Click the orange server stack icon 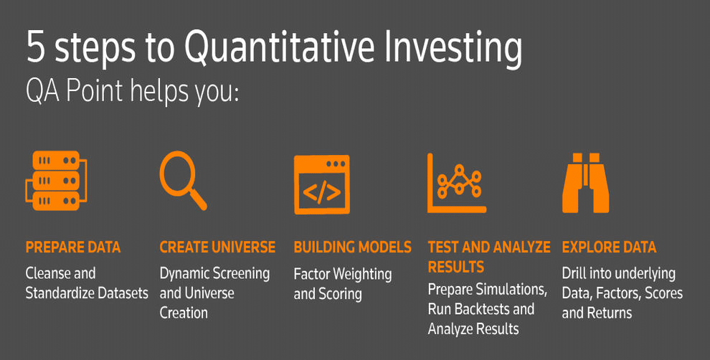[56, 181]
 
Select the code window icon [321, 184]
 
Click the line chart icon [456, 183]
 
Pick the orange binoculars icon [585, 183]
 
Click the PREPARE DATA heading [73, 247]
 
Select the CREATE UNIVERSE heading [217, 247]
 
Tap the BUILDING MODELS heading [352, 247]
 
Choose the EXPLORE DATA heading [609, 247]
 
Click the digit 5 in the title [36, 47]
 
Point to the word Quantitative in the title [280, 47]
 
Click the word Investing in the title [453, 49]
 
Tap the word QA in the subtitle [42, 90]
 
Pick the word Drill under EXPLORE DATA [574, 273]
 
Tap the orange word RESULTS [456, 267]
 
